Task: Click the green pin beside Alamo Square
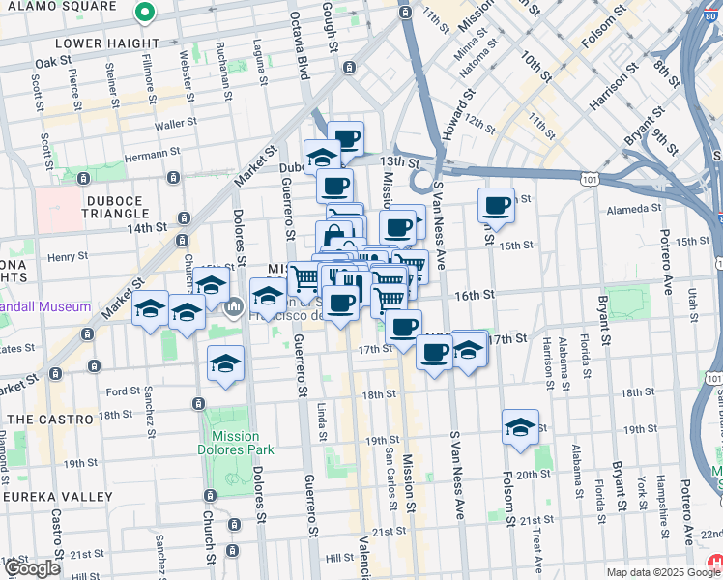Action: (144, 13)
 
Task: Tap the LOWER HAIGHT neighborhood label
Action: (107, 43)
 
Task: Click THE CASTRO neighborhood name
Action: (50, 420)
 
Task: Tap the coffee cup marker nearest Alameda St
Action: (497, 206)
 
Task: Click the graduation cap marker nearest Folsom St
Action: (520, 428)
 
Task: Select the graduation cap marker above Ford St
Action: (225, 364)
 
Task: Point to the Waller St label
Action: (175, 123)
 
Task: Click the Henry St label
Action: (67, 257)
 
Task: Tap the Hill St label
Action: (339, 558)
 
